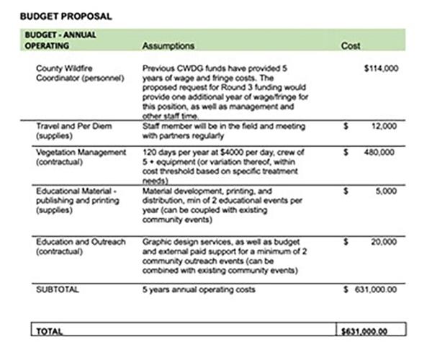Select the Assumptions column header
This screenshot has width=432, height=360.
168,45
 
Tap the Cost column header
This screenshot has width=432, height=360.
351,45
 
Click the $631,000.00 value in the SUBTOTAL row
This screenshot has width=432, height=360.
372,289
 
